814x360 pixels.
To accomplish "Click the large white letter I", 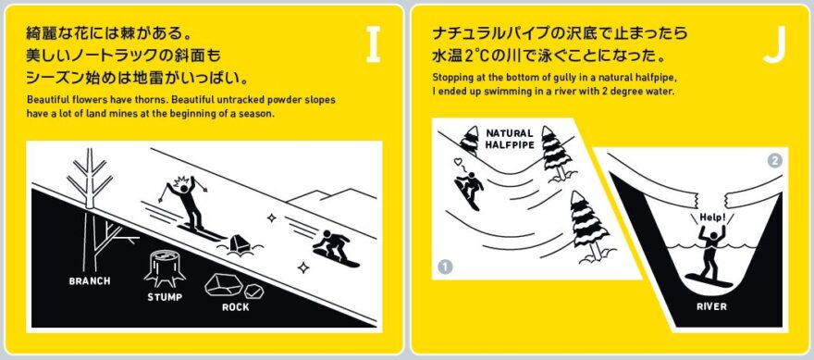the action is click(x=374, y=45).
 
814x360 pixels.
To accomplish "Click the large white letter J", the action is click(x=773, y=45).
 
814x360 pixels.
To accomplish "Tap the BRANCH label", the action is click(x=90, y=281).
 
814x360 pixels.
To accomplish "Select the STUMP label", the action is click(x=165, y=297).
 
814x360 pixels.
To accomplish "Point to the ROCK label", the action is click(x=236, y=307).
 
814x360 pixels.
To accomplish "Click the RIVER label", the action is click(x=711, y=306).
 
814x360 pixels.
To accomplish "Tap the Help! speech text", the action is click(x=712, y=217).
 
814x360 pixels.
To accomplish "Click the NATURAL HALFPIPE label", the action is click(x=510, y=139).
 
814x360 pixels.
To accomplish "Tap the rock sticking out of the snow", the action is click(x=239, y=244).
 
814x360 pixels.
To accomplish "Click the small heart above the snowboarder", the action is click(x=457, y=163).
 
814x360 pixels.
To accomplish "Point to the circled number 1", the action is click(x=445, y=267).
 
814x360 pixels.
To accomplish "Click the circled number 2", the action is click(x=774, y=161).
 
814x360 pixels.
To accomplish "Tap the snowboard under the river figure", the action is click(x=709, y=280).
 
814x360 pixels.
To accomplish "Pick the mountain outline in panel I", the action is click(x=332, y=196).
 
